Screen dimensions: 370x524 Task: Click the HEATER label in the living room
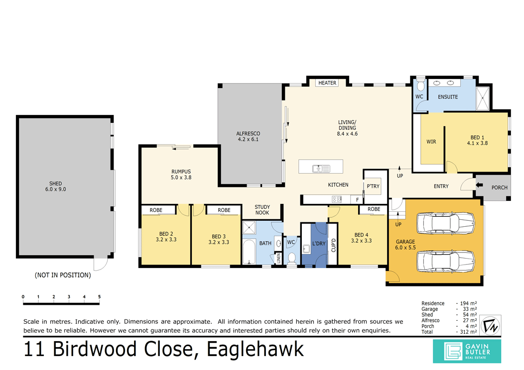[327, 83]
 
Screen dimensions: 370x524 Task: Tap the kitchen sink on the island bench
[321, 169]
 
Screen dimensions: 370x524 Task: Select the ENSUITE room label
[448, 96]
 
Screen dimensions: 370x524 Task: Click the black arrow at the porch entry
[480, 186]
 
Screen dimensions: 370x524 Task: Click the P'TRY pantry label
[373, 186]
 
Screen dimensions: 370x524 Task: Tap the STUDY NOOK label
[262, 209]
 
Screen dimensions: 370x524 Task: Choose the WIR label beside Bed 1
[431, 142]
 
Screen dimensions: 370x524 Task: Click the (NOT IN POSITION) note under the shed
[63, 275]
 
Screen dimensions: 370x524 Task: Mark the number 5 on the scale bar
[99, 297]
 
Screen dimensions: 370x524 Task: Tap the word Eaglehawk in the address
[253, 350]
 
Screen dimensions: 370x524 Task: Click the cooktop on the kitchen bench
[337, 199]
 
